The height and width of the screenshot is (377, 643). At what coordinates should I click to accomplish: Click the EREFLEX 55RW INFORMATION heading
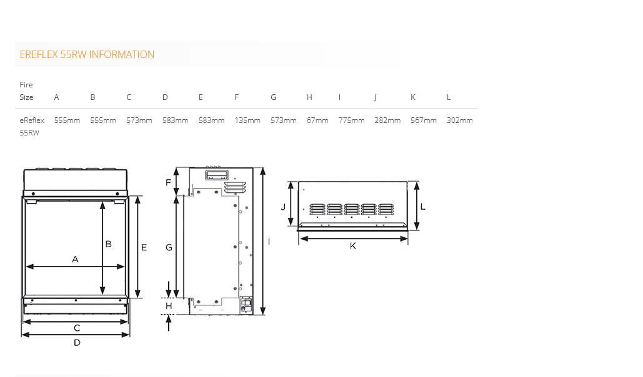87,54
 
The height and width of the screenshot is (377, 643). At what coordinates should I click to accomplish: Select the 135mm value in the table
247,120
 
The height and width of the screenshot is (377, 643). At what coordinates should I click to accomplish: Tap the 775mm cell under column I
351,120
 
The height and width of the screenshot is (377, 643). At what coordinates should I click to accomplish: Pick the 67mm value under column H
317,120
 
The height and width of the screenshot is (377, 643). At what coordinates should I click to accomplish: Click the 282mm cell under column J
387,120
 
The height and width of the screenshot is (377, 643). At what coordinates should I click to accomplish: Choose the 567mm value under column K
424,120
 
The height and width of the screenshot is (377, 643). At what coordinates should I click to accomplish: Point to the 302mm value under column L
460,120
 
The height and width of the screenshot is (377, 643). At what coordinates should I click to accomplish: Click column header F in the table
237,97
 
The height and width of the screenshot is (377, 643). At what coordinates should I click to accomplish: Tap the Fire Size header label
27,91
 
